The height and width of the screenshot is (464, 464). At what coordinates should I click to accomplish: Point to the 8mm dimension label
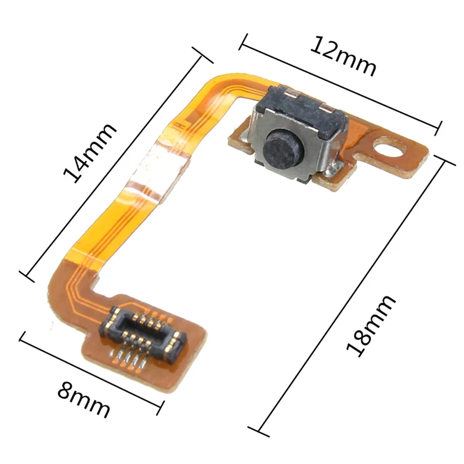[x=84, y=399]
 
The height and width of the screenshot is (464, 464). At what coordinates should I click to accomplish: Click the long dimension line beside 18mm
[x=354, y=296]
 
